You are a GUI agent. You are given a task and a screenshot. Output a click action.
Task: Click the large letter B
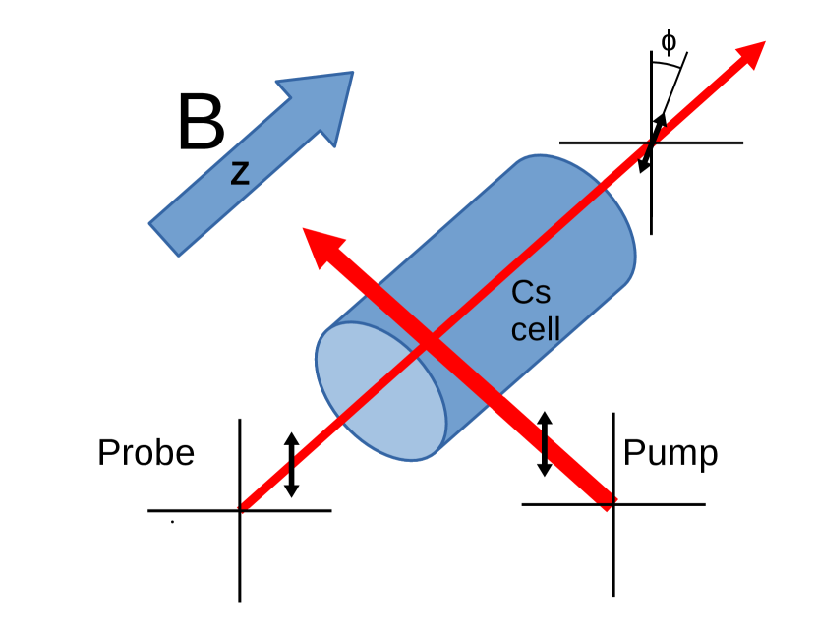[202, 124]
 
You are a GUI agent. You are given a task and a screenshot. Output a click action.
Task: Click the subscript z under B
[240, 174]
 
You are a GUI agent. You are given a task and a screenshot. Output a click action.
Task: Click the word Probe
[146, 453]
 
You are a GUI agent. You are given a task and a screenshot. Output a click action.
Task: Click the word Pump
[670, 453]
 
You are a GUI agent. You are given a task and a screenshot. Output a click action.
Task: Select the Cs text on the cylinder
[532, 294]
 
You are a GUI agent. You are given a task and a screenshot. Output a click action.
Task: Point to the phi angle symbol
[669, 41]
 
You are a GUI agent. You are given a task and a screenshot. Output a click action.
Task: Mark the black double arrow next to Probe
[291, 464]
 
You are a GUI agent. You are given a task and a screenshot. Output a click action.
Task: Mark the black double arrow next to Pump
[545, 444]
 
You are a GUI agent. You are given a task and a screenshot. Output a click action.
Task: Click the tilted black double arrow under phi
[653, 143]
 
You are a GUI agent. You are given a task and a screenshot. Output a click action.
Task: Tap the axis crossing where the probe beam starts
[240, 510]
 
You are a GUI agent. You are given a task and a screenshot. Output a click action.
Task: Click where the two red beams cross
[429, 343]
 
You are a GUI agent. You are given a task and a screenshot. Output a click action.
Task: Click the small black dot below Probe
[172, 522]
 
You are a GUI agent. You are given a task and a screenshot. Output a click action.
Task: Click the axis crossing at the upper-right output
[650, 143]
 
